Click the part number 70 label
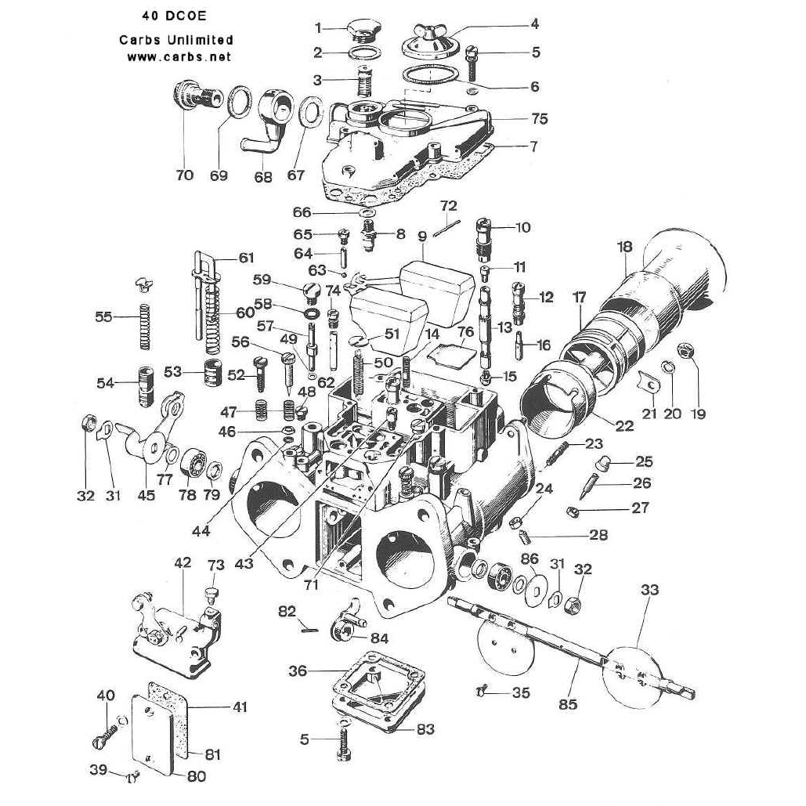pyautogui.click(x=184, y=175)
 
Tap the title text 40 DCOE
pyautogui.click(x=173, y=16)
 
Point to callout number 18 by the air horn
pyautogui.click(x=624, y=248)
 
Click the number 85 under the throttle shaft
pyautogui.click(x=568, y=704)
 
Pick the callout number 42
pyautogui.click(x=183, y=562)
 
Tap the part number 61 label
pyautogui.click(x=247, y=258)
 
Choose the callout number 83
pyautogui.click(x=425, y=730)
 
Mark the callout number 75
pyautogui.click(x=539, y=119)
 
